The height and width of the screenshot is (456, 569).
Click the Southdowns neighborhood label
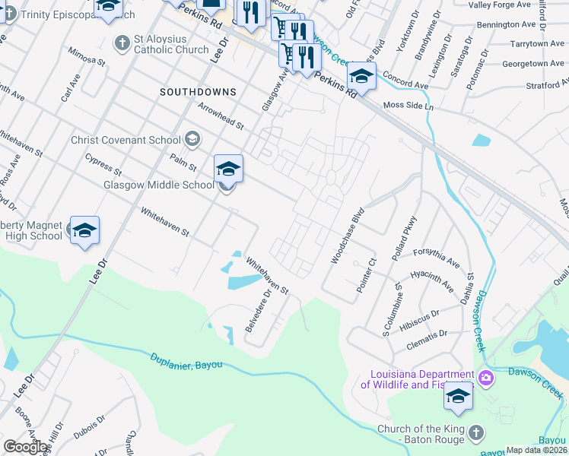point(198,92)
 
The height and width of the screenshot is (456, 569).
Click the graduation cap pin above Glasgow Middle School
point(228,169)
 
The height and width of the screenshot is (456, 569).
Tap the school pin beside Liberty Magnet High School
point(84,230)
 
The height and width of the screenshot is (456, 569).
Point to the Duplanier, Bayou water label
point(186,361)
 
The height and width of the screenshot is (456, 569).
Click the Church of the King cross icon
point(475,432)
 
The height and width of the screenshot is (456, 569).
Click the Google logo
point(26,447)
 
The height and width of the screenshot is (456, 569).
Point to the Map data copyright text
point(537,450)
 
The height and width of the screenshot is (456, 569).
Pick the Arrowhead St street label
point(220,116)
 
